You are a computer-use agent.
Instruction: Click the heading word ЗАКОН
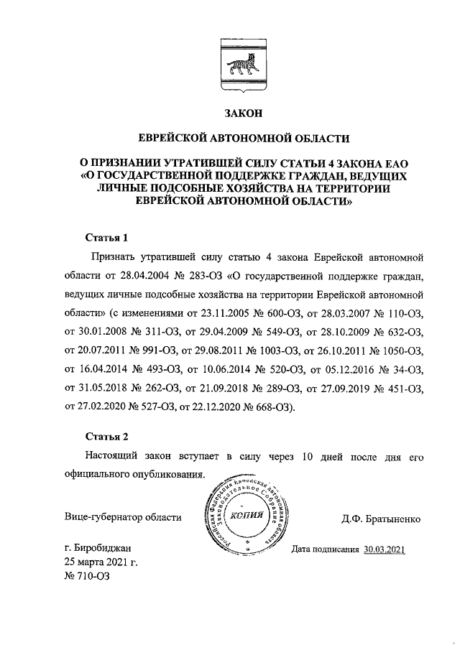(244, 112)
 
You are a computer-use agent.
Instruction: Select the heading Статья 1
(106, 236)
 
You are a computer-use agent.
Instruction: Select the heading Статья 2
(106, 436)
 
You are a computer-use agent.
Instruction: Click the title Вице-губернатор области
(123, 518)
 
